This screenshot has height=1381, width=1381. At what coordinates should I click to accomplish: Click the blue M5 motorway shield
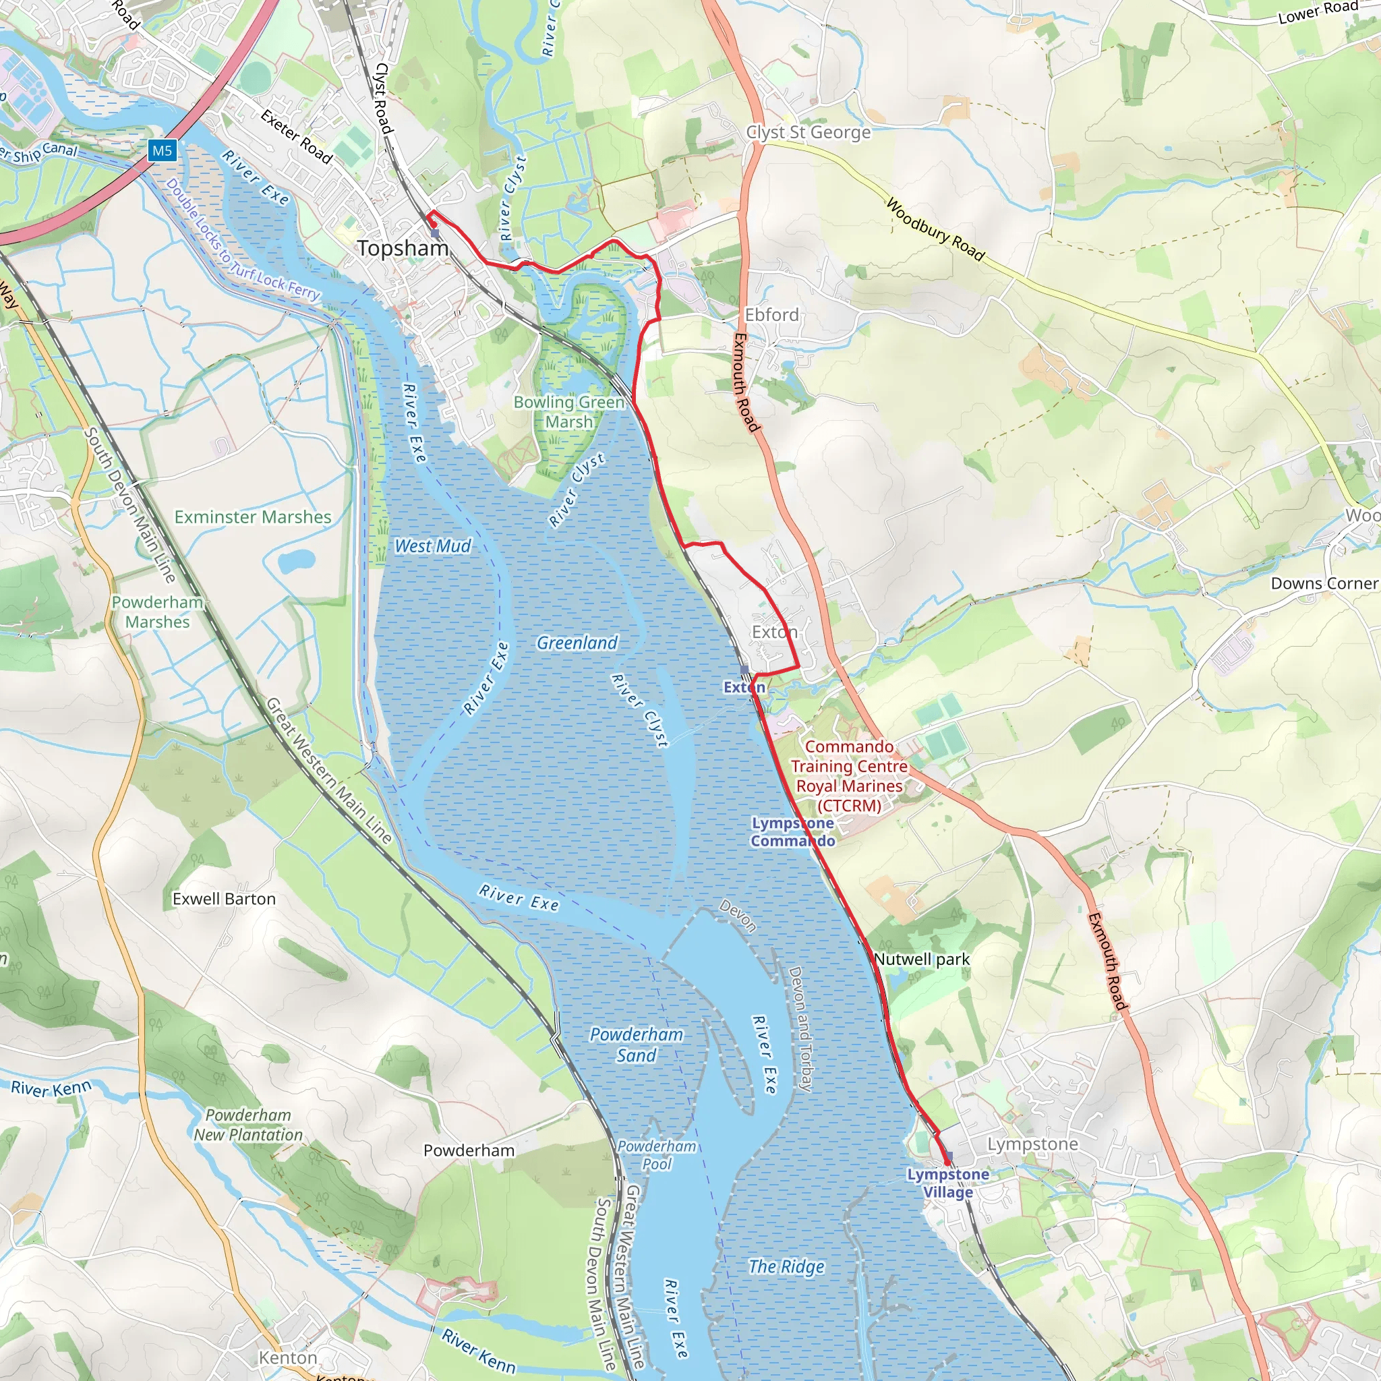click(163, 150)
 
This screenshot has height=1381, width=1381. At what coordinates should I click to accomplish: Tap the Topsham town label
click(403, 248)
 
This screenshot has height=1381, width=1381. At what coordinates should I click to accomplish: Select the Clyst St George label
click(809, 132)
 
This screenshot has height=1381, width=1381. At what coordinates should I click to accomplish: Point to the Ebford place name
click(771, 314)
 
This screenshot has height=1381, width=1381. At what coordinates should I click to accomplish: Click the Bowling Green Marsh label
click(569, 412)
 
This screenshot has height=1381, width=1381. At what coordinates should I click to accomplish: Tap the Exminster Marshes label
click(253, 517)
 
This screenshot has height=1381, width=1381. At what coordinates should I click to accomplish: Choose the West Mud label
click(432, 546)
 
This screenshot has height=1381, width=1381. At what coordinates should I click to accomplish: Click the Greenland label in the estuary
click(577, 643)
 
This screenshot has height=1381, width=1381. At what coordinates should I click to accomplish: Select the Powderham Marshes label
click(157, 612)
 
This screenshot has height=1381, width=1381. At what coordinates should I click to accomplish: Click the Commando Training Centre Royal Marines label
click(849, 775)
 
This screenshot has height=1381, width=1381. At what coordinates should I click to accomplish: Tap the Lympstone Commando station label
click(792, 832)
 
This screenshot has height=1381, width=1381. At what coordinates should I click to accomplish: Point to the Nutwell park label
click(921, 960)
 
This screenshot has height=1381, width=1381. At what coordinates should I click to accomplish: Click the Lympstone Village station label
click(948, 1183)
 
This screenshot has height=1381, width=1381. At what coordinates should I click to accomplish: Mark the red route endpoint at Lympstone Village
click(948, 1163)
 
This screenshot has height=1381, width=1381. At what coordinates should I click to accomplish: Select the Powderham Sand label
click(636, 1045)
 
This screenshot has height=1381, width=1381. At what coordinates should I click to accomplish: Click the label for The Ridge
click(786, 1266)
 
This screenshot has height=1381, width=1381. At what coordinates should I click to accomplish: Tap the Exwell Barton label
click(224, 900)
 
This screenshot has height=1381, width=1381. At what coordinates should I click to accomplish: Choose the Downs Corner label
click(1324, 583)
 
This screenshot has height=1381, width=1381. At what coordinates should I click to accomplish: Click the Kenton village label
click(287, 1357)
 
